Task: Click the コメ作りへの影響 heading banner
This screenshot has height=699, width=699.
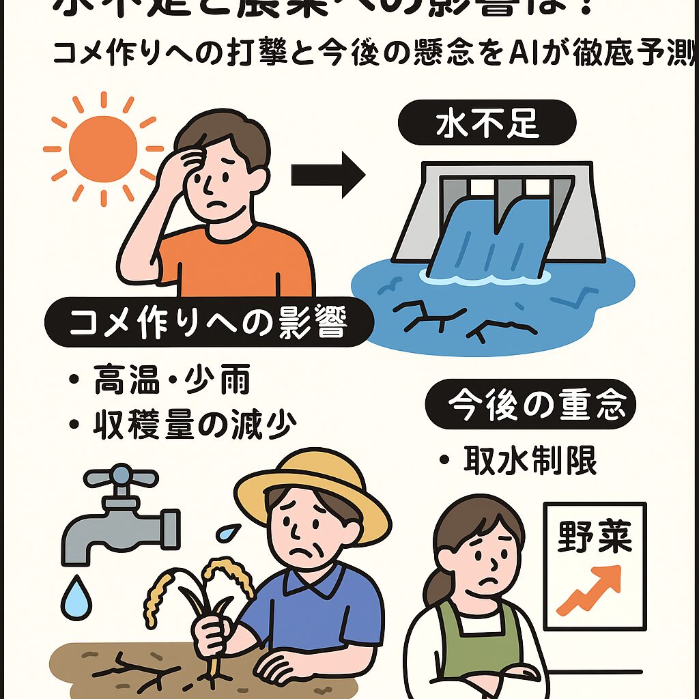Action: coord(208,325)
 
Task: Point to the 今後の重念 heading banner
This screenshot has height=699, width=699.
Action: coord(530,403)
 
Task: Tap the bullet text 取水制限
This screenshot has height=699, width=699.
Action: coord(530,462)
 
